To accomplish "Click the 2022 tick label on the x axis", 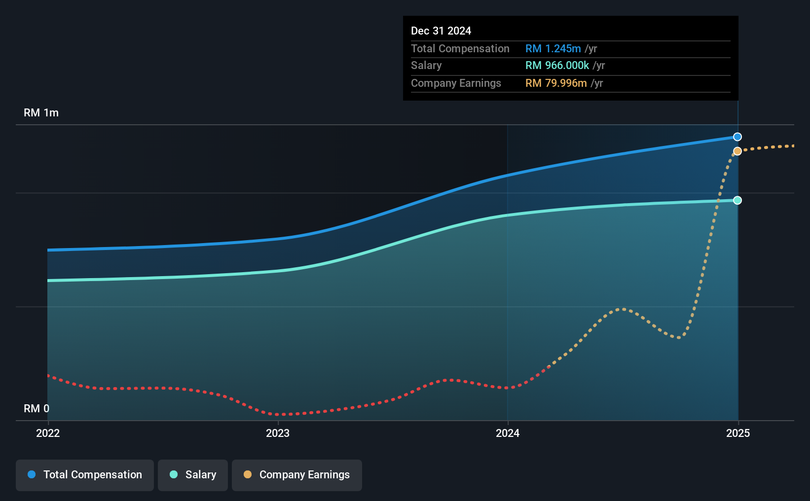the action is point(48,433).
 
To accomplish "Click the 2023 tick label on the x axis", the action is point(278,433).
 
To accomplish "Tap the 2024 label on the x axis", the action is point(508,433).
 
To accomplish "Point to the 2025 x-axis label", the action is point(738,433).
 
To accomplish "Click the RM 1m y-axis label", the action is point(41,113).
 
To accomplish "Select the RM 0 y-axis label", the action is point(37,408).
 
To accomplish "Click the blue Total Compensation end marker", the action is point(737,137).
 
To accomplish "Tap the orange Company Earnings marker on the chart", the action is point(737,151).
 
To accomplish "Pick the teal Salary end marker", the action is point(737,200).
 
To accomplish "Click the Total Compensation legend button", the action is point(85,475).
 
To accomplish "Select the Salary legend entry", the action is point(193,475).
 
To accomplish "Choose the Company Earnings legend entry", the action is point(297,475).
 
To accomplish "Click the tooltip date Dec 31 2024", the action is point(441,31).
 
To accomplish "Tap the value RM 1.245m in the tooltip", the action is point(553,48).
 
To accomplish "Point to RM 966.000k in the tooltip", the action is point(557,66).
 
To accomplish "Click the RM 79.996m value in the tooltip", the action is point(556,83).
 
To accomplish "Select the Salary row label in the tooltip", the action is point(426,66).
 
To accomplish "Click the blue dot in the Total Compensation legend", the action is point(32,474).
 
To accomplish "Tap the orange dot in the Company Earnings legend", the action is point(248,474).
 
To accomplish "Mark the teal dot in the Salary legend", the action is point(174,474).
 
